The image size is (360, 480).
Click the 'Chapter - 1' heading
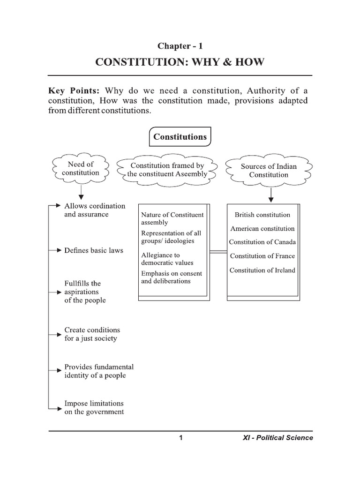click(180, 46)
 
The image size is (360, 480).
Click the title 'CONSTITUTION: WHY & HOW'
click(180, 62)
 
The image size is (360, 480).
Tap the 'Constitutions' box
click(180, 137)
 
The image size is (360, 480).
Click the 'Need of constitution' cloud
click(81, 168)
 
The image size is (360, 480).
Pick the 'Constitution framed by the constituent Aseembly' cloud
click(167, 170)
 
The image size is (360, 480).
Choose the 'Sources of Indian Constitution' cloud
click(269, 170)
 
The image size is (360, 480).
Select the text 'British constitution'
click(262, 215)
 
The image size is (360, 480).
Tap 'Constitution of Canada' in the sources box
click(262, 242)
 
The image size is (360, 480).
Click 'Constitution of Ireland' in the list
click(262, 270)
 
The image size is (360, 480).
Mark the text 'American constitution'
click(262, 229)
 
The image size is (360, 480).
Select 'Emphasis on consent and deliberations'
click(171, 277)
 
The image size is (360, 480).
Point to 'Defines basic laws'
click(94, 250)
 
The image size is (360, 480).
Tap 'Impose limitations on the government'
click(94, 407)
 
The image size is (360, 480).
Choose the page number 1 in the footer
click(180, 438)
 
